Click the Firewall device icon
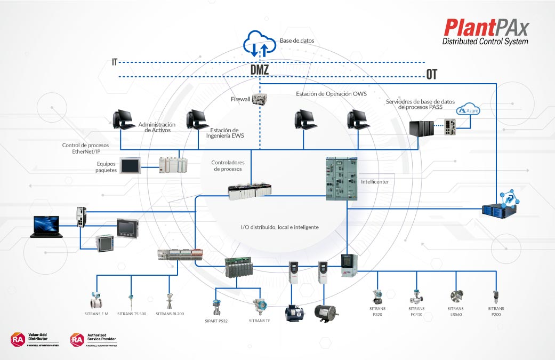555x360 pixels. pyautogui.click(x=262, y=99)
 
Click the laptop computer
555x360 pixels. pyautogui.click(x=47, y=226)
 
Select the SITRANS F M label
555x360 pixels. pyautogui.click(x=98, y=314)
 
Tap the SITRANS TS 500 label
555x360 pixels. pyautogui.click(x=132, y=314)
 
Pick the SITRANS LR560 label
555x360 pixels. pyautogui.click(x=455, y=311)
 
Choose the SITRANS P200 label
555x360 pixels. pyautogui.click(x=496, y=311)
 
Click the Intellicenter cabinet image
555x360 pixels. pyautogui.click(x=341, y=178)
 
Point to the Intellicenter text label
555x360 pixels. pyautogui.click(x=375, y=182)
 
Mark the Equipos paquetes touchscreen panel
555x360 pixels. pyautogui.click(x=131, y=166)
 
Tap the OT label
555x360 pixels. pyautogui.click(x=431, y=75)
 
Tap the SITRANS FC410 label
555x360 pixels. pyautogui.click(x=416, y=311)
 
